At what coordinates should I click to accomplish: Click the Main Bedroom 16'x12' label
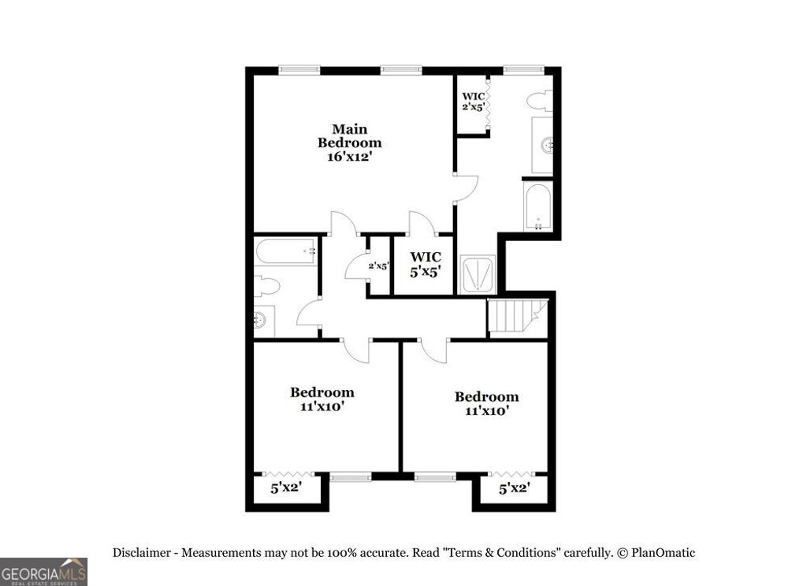(x=349, y=143)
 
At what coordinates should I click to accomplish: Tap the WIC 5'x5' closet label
(x=426, y=263)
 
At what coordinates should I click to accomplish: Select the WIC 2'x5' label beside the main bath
(x=473, y=101)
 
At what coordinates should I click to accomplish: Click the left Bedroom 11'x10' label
(x=322, y=399)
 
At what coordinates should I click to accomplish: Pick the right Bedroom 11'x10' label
(x=486, y=403)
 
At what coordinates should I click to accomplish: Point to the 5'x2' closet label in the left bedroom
(x=286, y=488)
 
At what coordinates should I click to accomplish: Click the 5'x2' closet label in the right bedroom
(x=515, y=488)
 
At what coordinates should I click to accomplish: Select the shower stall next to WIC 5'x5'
(x=478, y=275)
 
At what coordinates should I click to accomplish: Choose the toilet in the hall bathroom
(x=266, y=286)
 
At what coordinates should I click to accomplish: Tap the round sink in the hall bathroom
(x=260, y=320)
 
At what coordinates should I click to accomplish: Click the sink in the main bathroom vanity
(x=546, y=145)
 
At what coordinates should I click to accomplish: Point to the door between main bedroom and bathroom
(x=467, y=187)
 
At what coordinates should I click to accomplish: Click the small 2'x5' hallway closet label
(x=379, y=266)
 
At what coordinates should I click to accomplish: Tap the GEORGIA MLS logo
(x=43, y=571)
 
